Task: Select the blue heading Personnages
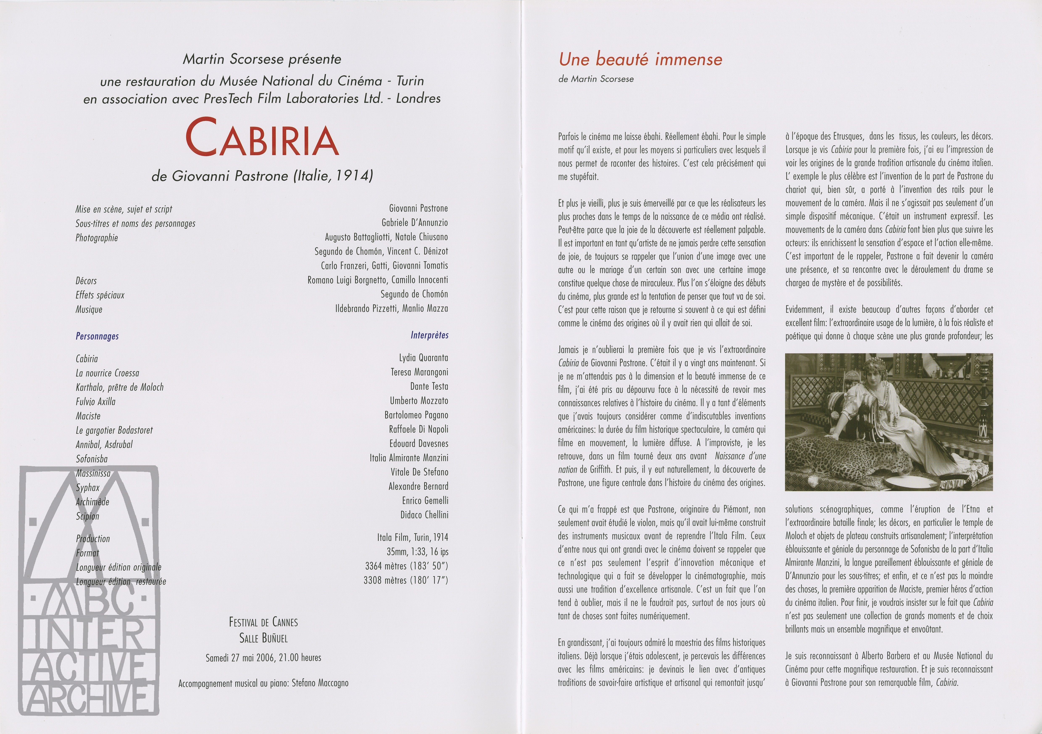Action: [x=97, y=336]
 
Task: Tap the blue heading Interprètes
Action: [x=429, y=335]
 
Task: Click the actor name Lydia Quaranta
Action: [x=423, y=358]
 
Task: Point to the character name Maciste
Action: [x=88, y=416]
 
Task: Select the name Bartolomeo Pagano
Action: [x=416, y=415]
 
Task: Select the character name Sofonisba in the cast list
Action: [x=92, y=459]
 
